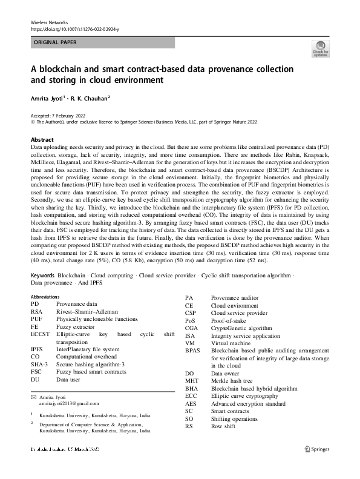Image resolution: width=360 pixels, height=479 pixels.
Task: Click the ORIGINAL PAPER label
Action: pos(55,42)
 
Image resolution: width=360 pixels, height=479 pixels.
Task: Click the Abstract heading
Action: pos(42,139)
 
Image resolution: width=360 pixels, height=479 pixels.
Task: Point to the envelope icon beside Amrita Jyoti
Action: pos(34,396)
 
